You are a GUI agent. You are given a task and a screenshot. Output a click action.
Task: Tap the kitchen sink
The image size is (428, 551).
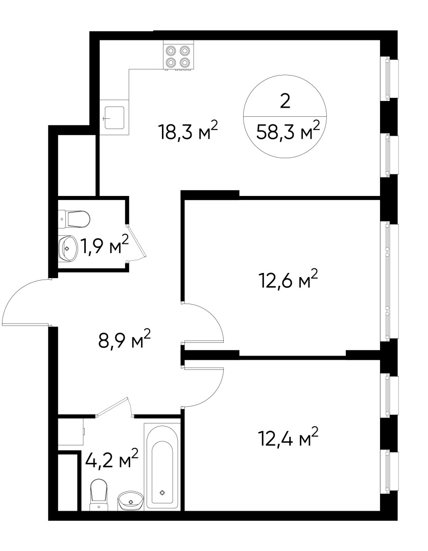tap(114, 118)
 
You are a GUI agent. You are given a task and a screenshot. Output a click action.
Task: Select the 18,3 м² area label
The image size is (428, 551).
tap(189, 131)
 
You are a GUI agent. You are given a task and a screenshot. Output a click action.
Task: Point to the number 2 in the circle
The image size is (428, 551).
tap(285, 102)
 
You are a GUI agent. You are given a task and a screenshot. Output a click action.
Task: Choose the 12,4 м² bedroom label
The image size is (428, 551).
tap(288, 437)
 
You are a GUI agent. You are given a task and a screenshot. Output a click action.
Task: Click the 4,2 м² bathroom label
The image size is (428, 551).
tap(112, 459)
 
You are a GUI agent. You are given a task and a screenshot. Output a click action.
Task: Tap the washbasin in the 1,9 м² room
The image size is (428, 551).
tap(67, 248)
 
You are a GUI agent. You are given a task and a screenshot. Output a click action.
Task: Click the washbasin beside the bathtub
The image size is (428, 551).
tap(131, 501)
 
